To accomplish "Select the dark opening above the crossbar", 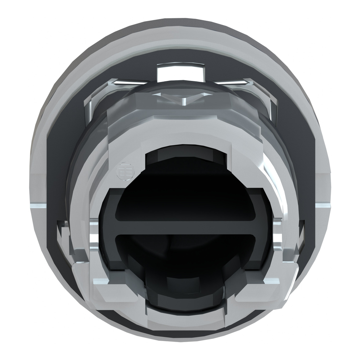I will (190, 200).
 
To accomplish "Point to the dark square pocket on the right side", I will (301, 239).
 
